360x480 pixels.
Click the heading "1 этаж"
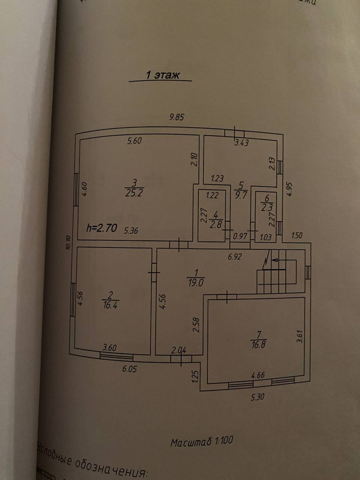(162, 75)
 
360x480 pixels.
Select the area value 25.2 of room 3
(134, 193)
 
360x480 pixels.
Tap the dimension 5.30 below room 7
(257, 396)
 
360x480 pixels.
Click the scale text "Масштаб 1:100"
(202, 441)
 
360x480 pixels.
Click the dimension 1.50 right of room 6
(297, 235)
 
